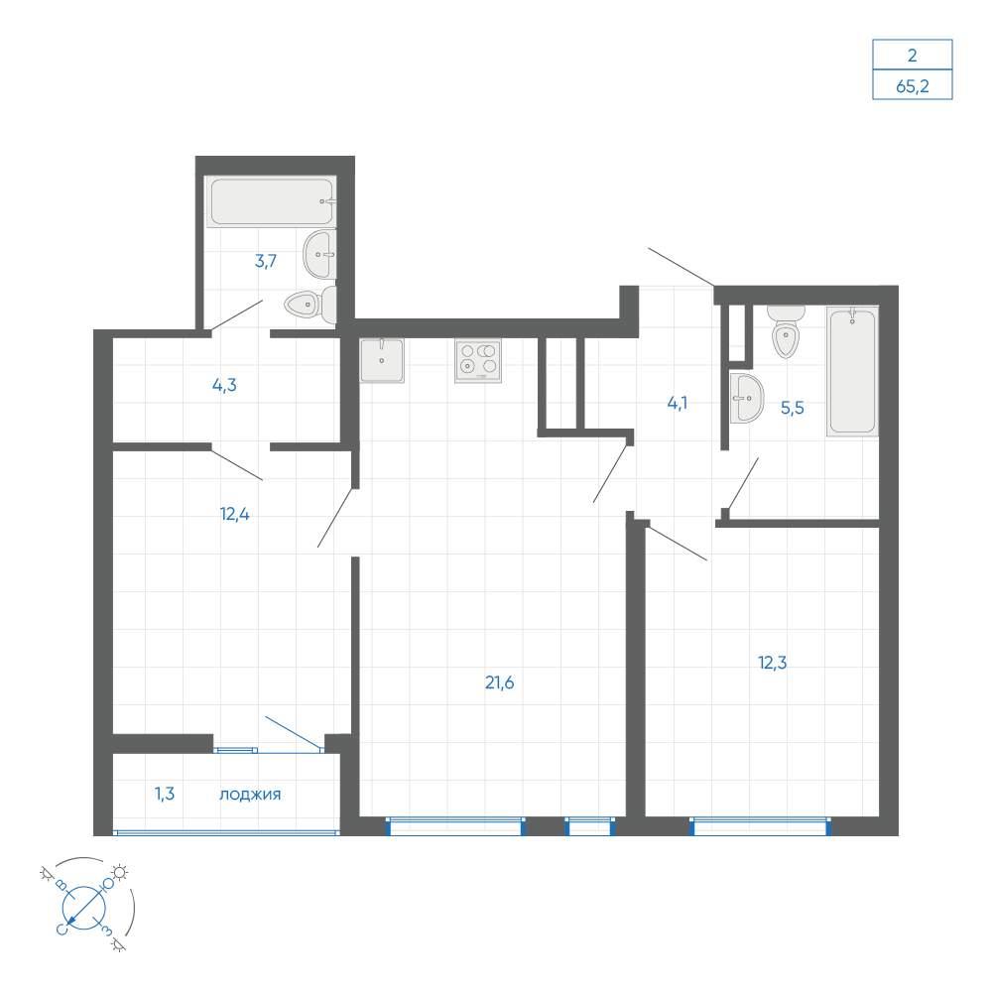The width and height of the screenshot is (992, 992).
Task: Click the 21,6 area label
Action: click(x=499, y=682)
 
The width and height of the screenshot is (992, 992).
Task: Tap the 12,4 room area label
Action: click(x=235, y=514)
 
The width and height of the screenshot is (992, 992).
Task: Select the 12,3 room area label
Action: click(x=772, y=663)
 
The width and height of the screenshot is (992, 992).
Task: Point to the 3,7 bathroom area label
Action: click(x=266, y=261)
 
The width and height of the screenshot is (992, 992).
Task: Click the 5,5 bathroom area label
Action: click(x=792, y=408)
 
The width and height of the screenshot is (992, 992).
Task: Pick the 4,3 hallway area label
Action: click(x=224, y=385)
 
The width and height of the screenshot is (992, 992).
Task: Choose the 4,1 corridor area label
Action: click(x=677, y=403)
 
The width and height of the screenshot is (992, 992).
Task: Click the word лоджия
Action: click(x=250, y=795)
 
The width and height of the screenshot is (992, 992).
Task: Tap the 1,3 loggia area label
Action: click(x=165, y=794)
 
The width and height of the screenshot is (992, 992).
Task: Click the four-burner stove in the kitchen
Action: click(x=478, y=361)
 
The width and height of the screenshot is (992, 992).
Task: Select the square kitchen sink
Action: click(x=382, y=361)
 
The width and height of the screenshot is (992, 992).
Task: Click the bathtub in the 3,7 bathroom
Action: click(x=272, y=201)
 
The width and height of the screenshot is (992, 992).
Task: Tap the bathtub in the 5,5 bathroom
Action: click(x=852, y=371)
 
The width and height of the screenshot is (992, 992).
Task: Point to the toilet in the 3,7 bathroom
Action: click(x=310, y=306)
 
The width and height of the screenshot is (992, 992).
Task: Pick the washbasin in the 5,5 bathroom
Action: click(x=747, y=398)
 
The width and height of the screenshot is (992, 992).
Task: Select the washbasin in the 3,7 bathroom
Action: click(x=320, y=255)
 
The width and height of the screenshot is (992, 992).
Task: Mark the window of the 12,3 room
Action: click(x=761, y=826)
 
